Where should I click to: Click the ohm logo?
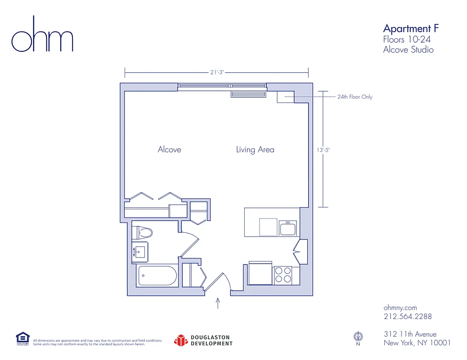click(x=42, y=35)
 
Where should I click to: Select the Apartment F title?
click(x=410, y=29)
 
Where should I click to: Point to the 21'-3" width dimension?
click(x=217, y=72)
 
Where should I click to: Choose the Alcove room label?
click(x=169, y=149)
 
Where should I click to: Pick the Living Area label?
click(x=255, y=149)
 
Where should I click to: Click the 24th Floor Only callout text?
click(x=355, y=97)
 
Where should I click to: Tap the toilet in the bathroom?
click(x=144, y=233)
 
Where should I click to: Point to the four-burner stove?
click(x=283, y=275)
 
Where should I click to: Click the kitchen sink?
click(x=287, y=229)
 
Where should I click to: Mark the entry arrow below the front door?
click(x=219, y=302)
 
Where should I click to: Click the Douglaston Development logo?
click(x=203, y=340)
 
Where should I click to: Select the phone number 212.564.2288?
click(x=407, y=316)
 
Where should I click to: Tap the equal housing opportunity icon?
click(x=22, y=338)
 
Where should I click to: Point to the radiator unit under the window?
click(x=248, y=94)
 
